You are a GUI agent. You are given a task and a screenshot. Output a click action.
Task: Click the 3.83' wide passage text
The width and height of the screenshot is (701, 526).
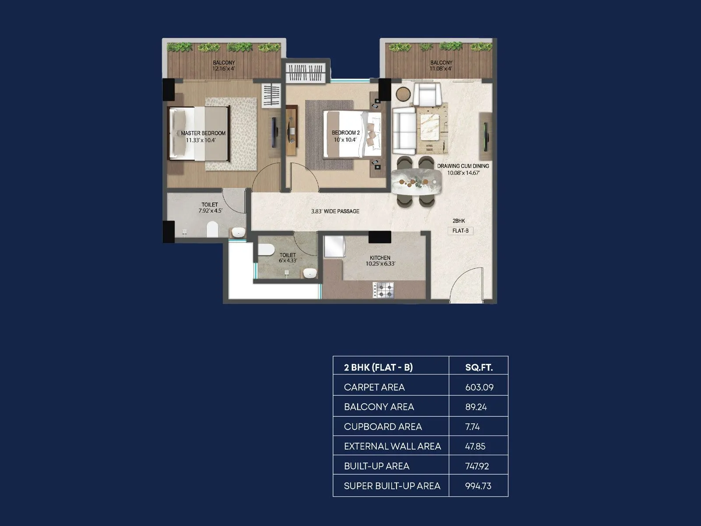[335, 211]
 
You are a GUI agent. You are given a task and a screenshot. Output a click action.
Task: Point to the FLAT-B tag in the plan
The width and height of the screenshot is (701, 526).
[460, 231]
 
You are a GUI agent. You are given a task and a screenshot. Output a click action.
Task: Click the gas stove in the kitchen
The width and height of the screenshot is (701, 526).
[383, 289]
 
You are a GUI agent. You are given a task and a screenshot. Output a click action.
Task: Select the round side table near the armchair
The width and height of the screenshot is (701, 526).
[404, 93]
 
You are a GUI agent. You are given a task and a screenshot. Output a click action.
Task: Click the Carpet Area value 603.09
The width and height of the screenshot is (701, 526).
[479, 387]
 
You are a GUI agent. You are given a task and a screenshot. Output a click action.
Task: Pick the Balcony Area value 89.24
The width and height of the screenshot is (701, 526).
[476, 407]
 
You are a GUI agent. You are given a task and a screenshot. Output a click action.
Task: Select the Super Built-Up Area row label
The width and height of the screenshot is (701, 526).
[392, 486]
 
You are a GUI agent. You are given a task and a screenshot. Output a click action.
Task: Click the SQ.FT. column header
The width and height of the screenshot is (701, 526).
[478, 367]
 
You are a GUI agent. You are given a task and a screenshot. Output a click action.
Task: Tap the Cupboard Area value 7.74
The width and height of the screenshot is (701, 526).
[472, 426]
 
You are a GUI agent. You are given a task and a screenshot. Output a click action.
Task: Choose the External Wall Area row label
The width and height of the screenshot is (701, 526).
[392, 446]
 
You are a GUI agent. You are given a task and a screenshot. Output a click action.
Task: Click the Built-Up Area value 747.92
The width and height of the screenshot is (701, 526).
[477, 466]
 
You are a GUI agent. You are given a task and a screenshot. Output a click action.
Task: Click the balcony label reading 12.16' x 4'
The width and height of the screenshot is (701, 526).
[224, 66]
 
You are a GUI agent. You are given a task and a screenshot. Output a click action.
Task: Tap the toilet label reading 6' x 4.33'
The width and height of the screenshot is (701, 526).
[288, 258]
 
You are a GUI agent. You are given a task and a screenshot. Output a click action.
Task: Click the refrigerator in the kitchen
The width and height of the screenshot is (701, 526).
[334, 246]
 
